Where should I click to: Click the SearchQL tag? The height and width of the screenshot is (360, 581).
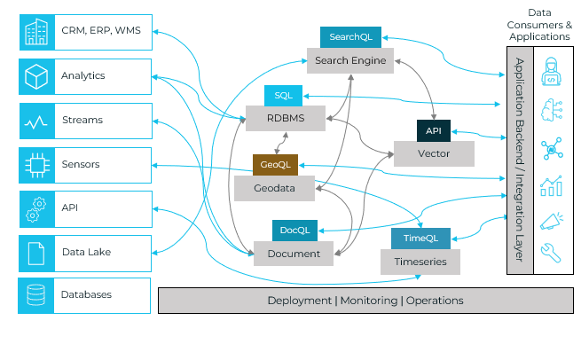point(350,37)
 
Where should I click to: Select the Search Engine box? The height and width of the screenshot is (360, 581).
point(350,60)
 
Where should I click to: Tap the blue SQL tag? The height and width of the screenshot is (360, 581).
point(284,96)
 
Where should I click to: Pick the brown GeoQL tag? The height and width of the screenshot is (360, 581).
point(275,165)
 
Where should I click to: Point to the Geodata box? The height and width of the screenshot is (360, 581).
point(275,188)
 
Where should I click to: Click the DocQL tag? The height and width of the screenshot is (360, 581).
point(294,231)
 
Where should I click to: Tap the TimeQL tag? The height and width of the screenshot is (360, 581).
point(421,239)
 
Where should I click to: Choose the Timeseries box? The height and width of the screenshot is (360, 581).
point(420,262)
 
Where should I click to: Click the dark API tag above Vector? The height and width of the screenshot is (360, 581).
point(434,131)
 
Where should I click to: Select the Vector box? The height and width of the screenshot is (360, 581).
point(434,153)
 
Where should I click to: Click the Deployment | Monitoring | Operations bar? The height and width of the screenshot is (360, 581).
point(365,301)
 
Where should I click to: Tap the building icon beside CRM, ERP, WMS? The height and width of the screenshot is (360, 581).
point(35,31)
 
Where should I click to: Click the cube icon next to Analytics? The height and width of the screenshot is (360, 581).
point(35,75)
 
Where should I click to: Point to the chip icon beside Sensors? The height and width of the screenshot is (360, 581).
point(35,165)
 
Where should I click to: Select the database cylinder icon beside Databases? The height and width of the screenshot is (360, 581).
point(35,295)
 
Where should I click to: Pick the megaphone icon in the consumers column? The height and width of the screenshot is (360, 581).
point(550,220)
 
